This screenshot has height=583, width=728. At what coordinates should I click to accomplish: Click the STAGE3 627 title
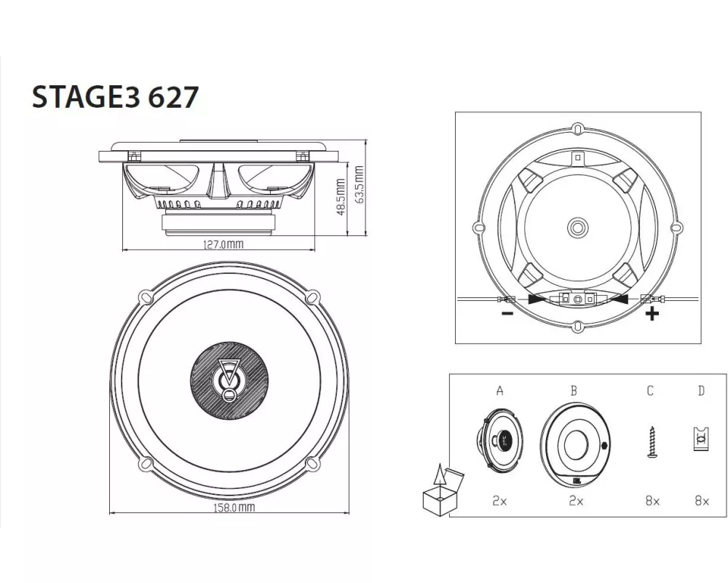pos(115,97)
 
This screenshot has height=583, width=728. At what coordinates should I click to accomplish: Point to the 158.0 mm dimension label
pos(234,507)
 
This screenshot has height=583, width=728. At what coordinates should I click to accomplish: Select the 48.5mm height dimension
pos(341,197)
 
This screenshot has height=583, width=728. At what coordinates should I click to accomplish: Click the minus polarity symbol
pos(507,313)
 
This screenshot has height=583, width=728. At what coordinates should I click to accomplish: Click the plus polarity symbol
pos(652,314)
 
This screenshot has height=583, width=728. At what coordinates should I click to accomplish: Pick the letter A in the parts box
pos(499,391)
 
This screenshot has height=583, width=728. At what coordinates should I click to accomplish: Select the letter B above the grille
pos(574,391)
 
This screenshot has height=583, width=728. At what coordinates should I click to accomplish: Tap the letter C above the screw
pos(650,391)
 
